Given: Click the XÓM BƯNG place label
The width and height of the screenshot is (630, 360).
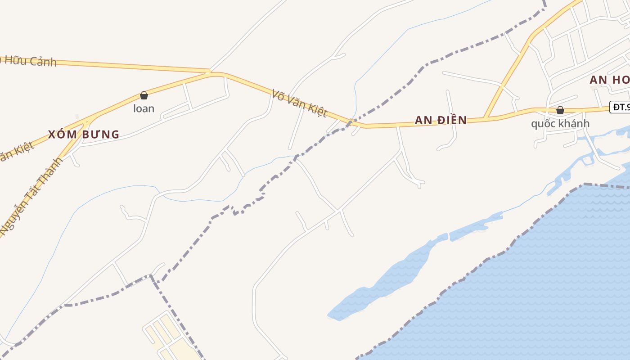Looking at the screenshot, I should tap(84, 134).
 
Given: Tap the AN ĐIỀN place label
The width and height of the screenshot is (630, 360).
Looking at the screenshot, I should tap(441, 120).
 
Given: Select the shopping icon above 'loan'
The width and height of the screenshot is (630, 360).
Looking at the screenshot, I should tap(144, 95).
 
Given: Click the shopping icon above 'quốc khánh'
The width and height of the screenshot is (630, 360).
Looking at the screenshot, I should tap(560, 110).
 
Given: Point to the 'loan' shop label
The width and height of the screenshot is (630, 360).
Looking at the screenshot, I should tap(144, 108).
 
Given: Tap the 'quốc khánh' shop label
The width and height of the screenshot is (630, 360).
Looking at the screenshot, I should tap(560, 123).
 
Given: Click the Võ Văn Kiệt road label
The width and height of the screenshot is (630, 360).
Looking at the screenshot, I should tap(299, 103).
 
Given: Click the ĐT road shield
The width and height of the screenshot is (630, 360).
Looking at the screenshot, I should tap(620, 107).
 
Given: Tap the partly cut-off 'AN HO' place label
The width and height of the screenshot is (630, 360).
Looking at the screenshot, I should tap(610, 80).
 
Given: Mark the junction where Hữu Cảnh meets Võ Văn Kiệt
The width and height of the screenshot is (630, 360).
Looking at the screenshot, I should tap(211, 72).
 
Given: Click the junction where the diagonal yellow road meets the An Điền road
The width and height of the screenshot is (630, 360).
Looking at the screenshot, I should tap(485, 118).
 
